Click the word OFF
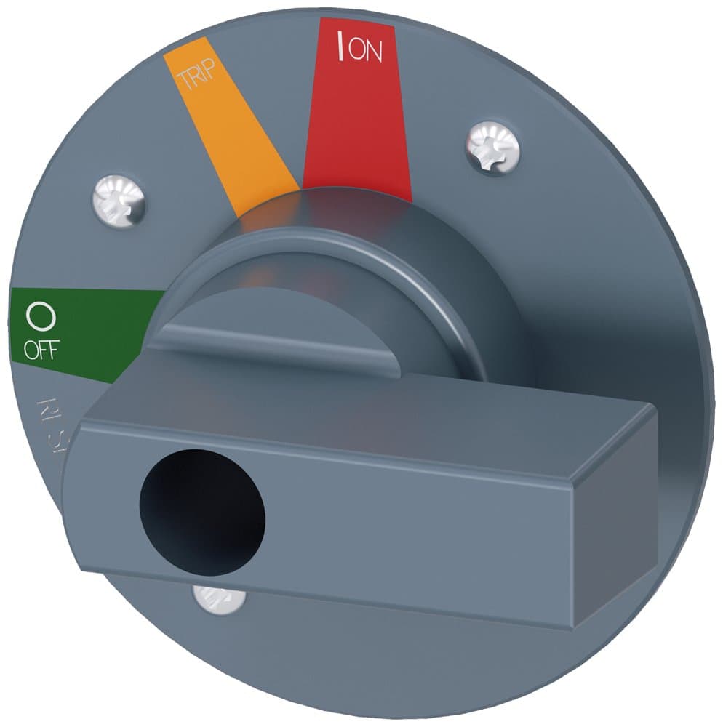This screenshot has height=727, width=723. coord(40,350)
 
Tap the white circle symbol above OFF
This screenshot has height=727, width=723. coord(40,316)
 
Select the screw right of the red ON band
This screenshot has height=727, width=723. coord(492,147)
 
